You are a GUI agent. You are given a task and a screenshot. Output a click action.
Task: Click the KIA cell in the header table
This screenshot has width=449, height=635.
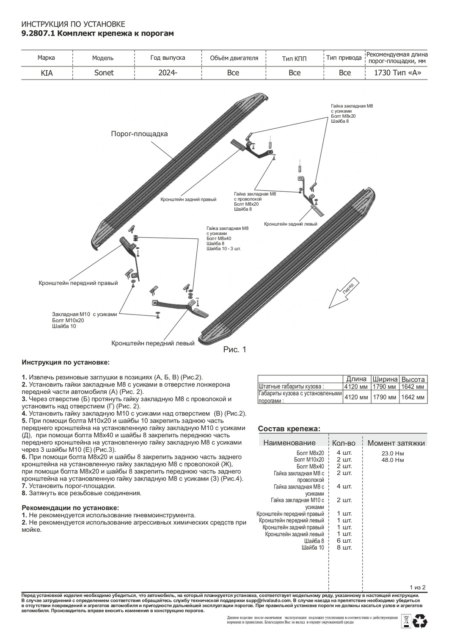(47, 73)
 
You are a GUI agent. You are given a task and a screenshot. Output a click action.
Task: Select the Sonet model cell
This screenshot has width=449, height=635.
(104, 73)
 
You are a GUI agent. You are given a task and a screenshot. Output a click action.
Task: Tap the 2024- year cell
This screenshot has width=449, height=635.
(168, 73)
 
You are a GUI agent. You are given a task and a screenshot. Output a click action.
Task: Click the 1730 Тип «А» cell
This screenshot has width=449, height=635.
(397, 73)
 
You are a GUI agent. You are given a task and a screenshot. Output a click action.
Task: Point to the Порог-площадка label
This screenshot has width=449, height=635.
(139, 134)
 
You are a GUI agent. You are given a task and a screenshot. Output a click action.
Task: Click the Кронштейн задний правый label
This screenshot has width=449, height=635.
(188, 199)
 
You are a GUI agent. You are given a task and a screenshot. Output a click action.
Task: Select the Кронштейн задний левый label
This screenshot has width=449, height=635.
(291, 224)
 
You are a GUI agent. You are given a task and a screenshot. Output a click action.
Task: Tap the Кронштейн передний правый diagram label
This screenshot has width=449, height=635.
(78, 283)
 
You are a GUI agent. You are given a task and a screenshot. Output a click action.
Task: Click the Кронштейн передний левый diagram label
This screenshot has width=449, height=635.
(153, 343)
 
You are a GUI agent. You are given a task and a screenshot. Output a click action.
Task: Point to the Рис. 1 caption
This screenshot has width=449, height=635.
(234, 350)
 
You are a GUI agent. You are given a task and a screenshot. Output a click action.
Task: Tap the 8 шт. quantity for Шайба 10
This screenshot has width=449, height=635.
(344, 548)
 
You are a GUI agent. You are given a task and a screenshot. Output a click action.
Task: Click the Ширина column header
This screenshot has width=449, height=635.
(385, 379)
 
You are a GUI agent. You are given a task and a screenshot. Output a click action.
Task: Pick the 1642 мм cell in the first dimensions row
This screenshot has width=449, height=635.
(413, 387)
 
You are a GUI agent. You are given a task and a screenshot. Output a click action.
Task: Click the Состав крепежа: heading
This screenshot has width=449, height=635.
(289, 429)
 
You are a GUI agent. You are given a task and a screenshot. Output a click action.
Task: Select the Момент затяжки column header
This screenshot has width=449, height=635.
(396, 443)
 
